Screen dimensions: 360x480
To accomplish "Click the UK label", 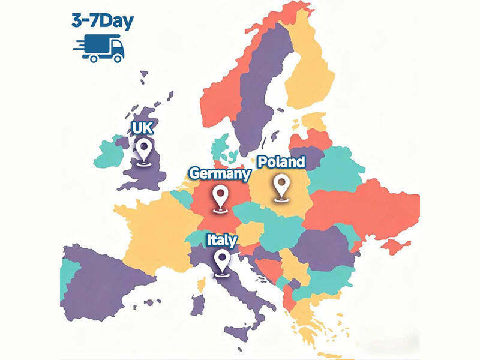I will pos(143,128).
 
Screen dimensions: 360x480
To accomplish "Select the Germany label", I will pos(220,173).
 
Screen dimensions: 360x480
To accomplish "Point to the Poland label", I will pos(281,161).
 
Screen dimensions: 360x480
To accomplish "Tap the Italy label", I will pos(222,239).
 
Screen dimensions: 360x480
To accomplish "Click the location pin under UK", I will pos(143,150).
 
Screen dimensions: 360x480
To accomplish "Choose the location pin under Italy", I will pos(223,263).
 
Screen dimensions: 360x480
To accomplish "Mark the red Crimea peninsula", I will pos(396,246).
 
